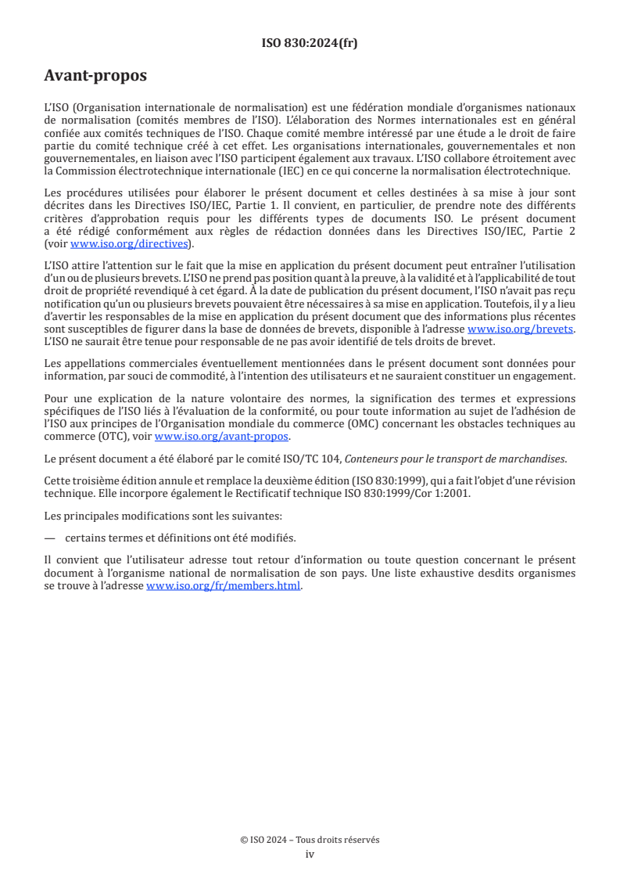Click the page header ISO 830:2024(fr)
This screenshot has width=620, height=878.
(310, 44)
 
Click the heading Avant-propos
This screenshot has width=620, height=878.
(95, 77)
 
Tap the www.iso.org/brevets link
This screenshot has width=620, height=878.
(520, 329)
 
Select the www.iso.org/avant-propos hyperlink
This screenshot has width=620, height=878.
(221, 437)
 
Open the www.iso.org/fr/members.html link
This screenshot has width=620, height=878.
(223, 586)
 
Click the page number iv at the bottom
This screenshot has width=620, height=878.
(310, 854)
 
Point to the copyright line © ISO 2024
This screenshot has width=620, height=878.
(310, 840)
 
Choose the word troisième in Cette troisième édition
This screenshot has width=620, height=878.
(99, 480)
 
